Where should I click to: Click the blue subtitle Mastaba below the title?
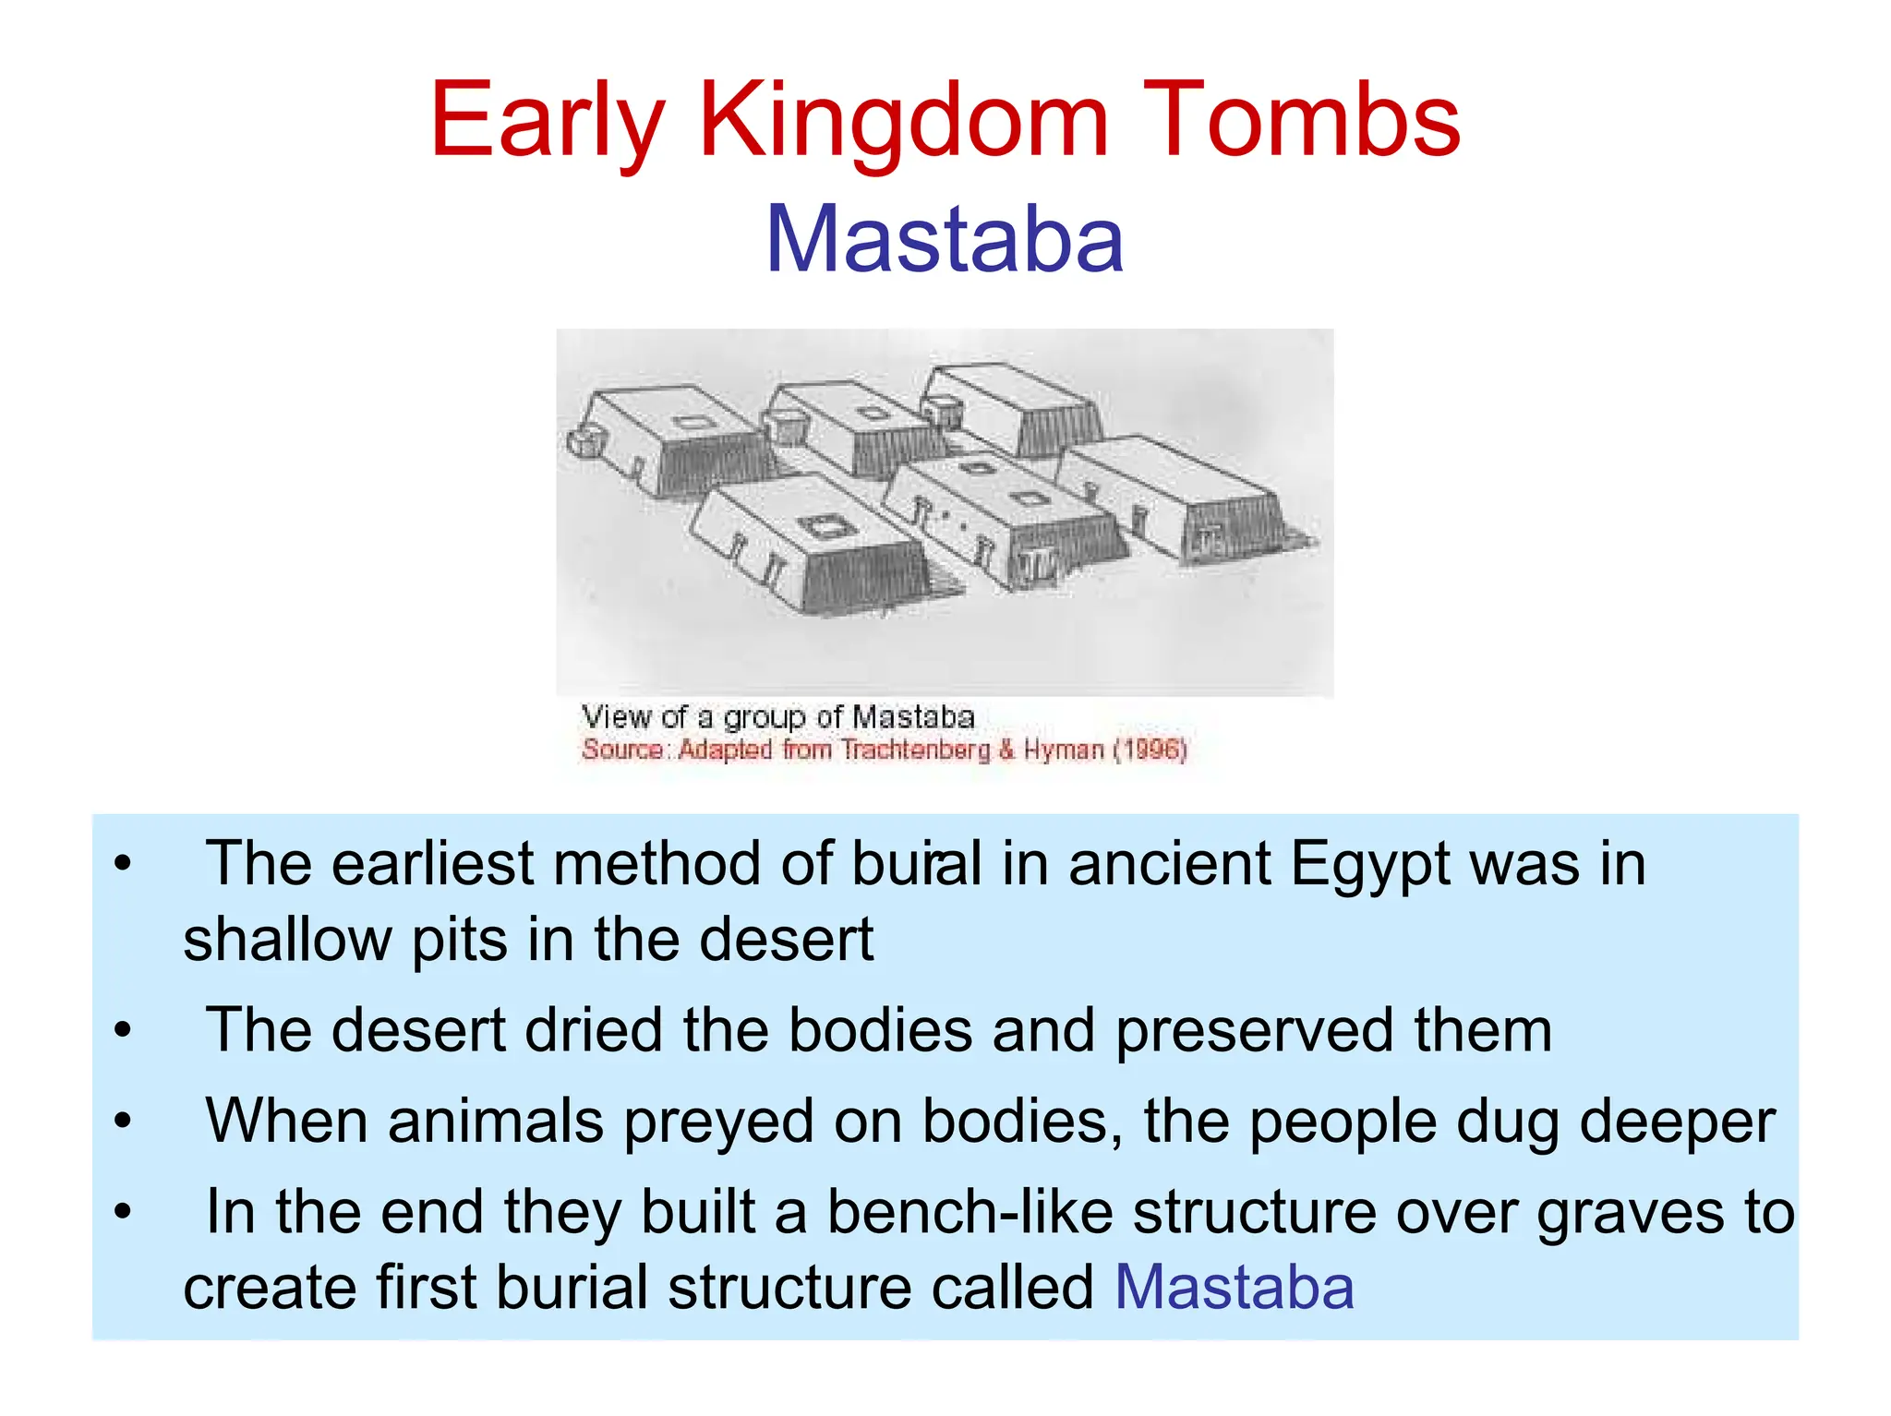[x=945, y=240]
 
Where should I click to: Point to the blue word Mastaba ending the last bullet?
[x=1234, y=1287]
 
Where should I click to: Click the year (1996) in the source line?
[x=1150, y=749]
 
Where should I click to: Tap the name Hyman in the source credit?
[x=1064, y=749]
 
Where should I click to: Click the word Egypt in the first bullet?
[x=1369, y=865]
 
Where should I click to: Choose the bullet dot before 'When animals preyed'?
[x=123, y=1122]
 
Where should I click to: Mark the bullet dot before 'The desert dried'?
[x=123, y=1030]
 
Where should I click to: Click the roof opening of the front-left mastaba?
[x=816, y=528]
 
